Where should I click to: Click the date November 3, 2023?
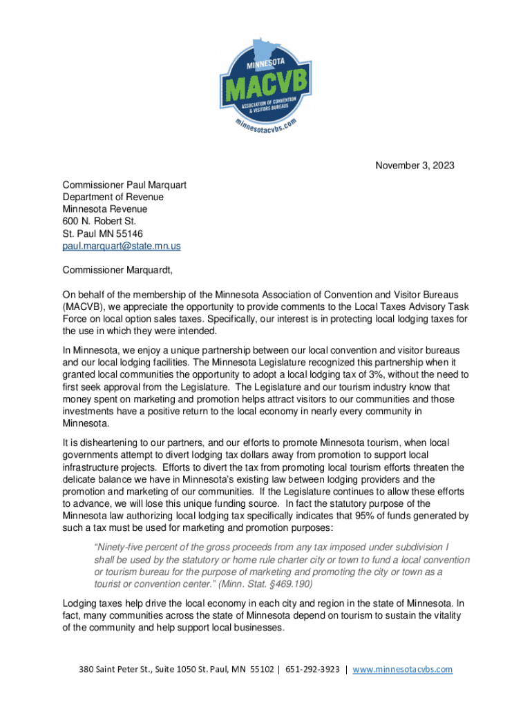415,166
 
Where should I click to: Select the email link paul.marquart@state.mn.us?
122,245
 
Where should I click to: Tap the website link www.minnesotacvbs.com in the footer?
402,669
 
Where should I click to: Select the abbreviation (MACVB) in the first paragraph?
83,307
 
